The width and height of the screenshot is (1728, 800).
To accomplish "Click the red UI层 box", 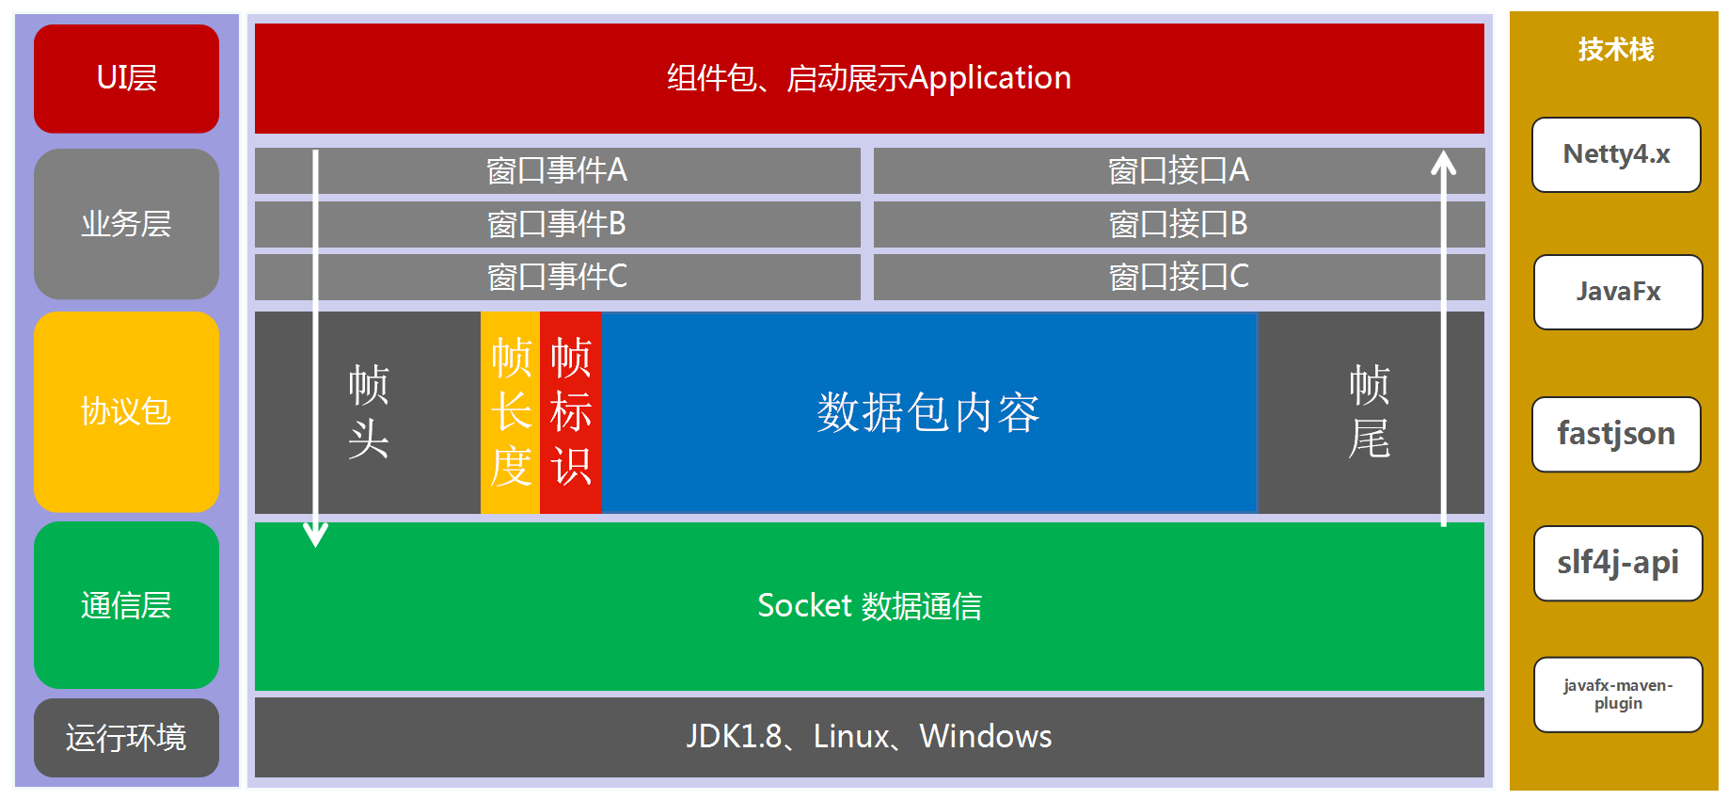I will pos(126,78).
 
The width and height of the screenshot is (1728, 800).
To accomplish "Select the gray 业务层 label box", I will pos(126,224).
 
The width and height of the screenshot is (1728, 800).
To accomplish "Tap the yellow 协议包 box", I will pos(126,411).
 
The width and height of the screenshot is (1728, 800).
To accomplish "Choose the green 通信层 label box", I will pos(126,604).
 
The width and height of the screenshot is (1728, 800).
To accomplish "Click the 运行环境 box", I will pos(126,737).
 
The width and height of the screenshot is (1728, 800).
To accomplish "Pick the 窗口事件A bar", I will pos(557,170).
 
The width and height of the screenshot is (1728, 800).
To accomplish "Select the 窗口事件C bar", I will pos(557,277).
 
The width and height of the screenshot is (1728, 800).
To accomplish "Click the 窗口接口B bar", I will pos(1178,224).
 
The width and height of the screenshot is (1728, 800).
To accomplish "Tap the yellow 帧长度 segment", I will pos(511,412).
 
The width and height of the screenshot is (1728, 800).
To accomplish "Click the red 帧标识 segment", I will pos(571,412).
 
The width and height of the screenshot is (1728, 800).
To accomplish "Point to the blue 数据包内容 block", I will pos(928,412).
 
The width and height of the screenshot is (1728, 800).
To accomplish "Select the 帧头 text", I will pos(368,412).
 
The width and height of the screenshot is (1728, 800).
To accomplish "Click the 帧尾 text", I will pos(1369,412).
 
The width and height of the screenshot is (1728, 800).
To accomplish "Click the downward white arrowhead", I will pos(316,535).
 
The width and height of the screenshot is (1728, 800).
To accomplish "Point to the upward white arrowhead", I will pos(1443,164).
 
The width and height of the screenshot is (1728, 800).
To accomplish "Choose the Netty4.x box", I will pos(1616,154).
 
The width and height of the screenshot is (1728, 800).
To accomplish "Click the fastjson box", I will pos(1616,434).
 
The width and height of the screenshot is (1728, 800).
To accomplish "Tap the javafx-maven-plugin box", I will pos(1618,695).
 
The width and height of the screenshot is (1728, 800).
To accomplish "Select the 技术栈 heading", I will pos(1616,49).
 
